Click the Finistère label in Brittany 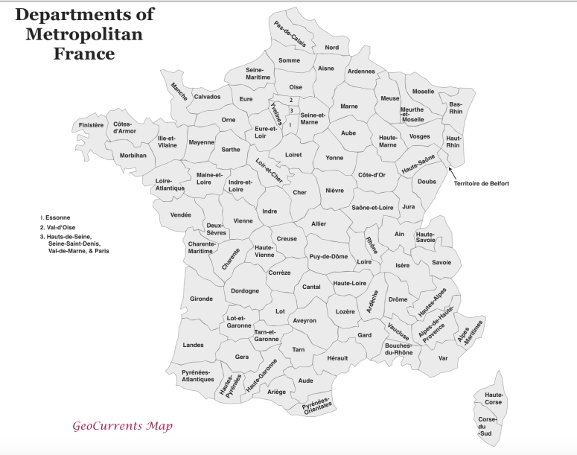tap(92, 125)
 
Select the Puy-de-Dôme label tap(328, 256)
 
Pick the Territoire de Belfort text tap(482, 183)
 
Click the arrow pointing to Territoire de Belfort tap(453, 172)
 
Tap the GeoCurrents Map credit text tap(122, 427)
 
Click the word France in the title tap(83, 54)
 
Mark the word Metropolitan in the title tap(83, 34)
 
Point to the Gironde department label tap(201, 299)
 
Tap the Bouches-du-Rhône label tap(398, 349)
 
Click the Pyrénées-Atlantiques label tap(197, 376)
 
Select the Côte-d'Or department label tap(372, 175)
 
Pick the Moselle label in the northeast tap(423, 92)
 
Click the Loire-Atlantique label tap(170, 185)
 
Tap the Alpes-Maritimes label tap(471, 332)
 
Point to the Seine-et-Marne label tap(313, 118)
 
